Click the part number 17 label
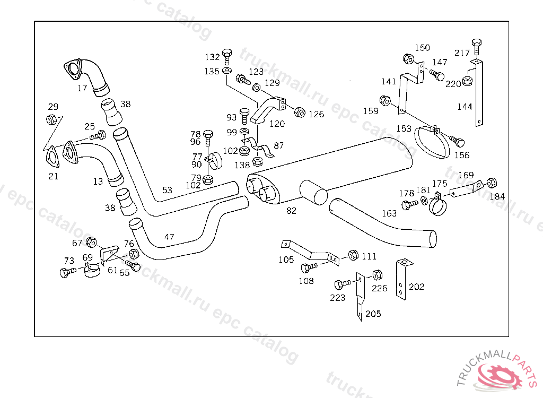click(x=82, y=88)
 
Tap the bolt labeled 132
click(x=227, y=57)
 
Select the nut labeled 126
click(x=300, y=112)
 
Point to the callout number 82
click(x=291, y=211)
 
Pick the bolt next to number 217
click(x=477, y=46)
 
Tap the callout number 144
click(x=465, y=107)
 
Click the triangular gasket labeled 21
click(x=52, y=157)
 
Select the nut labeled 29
click(x=51, y=120)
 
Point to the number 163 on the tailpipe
click(x=389, y=213)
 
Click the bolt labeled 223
click(x=343, y=284)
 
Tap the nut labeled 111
click(x=353, y=255)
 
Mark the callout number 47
click(x=169, y=237)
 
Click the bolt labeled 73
click(x=68, y=272)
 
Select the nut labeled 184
click(x=492, y=183)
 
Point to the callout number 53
click(x=167, y=190)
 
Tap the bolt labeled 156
click(x=457, y=141)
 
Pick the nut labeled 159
click(x=385, y=101)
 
